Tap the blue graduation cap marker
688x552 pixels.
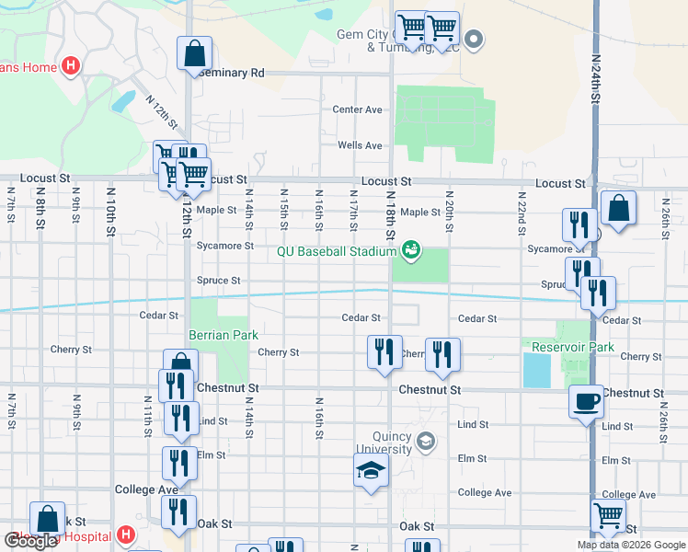[x=372, y=471]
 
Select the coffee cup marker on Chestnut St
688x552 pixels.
[x=586, y=402]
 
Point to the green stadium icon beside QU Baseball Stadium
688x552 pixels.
[x=411, y=249]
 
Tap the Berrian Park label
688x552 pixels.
[x=224, y=335]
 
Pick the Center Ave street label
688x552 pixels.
[x=357, y=109]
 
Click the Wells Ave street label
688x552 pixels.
[x=360, y=145]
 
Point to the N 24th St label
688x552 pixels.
[x=596, y=84]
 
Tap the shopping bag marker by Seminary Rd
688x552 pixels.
[x=194, y=54]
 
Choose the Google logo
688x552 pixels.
[x=30, y=541]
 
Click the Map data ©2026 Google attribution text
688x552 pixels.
[x=631, y=545]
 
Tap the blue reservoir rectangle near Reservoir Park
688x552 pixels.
[x=533, y=370]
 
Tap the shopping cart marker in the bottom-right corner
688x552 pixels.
[x=608, y=517]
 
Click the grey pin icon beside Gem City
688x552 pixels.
[x=474, y=39]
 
